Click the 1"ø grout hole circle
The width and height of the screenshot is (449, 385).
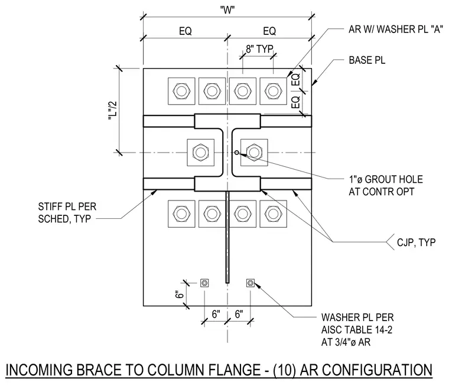236,153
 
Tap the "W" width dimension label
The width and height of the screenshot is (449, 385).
227,10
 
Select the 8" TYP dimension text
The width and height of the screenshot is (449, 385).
259,49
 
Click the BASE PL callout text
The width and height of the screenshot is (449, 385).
367,60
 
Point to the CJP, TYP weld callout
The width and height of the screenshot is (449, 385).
416,242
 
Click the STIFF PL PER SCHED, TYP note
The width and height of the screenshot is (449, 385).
67,213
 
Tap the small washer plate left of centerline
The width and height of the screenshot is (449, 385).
204,283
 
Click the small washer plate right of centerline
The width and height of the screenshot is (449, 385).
250,283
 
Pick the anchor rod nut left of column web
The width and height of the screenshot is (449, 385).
200,153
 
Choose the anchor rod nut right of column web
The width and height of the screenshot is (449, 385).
254,153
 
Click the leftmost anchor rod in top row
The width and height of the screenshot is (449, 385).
181,91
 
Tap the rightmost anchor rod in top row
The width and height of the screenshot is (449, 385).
273,91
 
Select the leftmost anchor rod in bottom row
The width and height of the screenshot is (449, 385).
181,214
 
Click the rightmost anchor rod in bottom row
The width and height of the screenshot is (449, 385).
273,214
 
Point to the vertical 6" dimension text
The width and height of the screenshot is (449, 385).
179,295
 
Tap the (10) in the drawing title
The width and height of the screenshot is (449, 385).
285,370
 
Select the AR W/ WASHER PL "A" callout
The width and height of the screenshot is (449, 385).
395,29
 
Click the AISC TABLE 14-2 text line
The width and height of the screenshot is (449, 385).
356,330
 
